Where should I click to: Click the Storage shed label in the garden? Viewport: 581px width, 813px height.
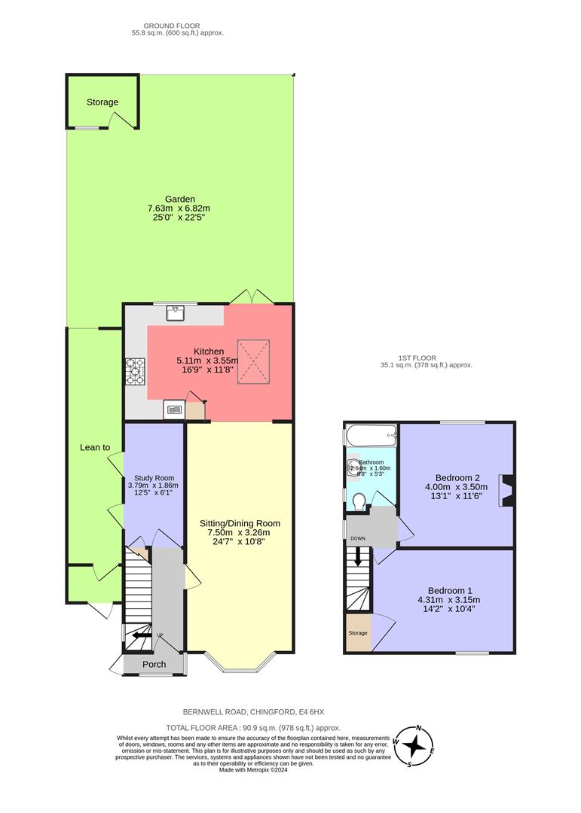(x=102, y=102)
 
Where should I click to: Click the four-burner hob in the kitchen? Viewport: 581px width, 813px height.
(x=136, y=370)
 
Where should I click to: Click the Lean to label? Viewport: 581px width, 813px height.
(x=95, y=447)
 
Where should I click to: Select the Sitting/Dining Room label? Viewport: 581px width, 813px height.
(x=240, y=523)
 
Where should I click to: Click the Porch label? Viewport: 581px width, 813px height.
(x=154, y=664)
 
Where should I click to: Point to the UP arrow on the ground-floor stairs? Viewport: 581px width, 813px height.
(x=140, y=635)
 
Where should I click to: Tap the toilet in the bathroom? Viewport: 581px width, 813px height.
(x=359, y=500)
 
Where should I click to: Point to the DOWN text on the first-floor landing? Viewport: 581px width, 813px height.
(x=357, y=538)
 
